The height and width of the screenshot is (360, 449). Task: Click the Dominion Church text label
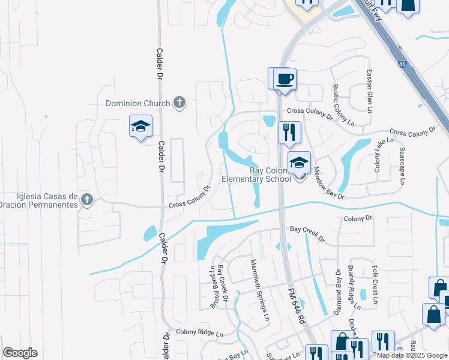[138, 103]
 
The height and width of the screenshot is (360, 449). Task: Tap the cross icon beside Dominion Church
[179, 103]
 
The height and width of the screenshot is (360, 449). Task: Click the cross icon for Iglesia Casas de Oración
[87, 200]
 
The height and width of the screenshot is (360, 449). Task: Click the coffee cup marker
[285, 79]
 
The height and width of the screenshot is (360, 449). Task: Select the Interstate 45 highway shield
[400, 62]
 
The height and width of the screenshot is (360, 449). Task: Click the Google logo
[20, 353]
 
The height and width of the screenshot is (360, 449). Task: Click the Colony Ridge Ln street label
[199, 332]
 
